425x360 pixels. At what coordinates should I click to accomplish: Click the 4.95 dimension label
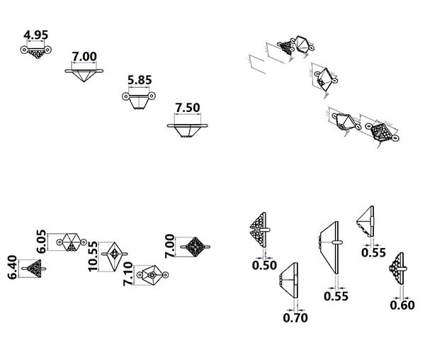click(x=35, y=34)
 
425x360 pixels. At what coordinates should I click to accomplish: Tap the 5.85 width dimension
click(x=140, y=80)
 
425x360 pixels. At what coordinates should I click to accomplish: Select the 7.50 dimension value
click(x=188, y=108)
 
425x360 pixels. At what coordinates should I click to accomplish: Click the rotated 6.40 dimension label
click(x=13, y=267)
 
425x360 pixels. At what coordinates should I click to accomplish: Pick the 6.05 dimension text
click(x=42, y=241)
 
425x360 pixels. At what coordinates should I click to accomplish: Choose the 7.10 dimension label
click(x=128, y=274)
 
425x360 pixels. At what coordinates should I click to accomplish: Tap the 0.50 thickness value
click(x=263, y=265)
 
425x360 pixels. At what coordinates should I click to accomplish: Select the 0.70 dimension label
click(x=295, y=317)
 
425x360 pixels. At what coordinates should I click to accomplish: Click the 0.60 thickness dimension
click(x=402, y=305)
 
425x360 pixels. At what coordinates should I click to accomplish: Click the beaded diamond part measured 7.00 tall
click(x=192, y=247)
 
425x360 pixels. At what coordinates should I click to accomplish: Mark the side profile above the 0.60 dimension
click(x=399, y=269)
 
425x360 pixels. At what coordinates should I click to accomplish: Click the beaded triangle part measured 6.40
click(x=35, y=268)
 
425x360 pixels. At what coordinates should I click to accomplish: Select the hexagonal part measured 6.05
click(x=70, y=241)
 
